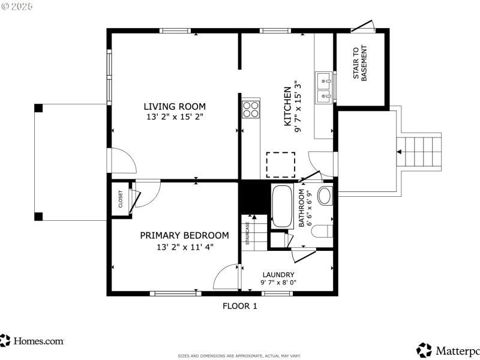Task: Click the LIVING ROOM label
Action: point(175,106)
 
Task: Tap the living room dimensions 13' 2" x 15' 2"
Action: point(175,117)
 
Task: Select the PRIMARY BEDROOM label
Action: point(184,235)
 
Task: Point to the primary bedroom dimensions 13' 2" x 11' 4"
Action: point(184,246)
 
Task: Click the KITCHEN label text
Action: point(287,106)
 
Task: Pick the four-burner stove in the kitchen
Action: point(250,109)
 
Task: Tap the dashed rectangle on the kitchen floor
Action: point(281,164)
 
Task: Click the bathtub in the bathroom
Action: point(281,206)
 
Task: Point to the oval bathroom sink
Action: point(325,196)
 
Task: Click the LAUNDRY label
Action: point(277,274)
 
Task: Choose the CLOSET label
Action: point(120,198)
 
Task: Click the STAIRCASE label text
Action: point(247,233)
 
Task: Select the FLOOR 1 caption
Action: point(239,306)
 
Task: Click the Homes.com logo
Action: point(32,341)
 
